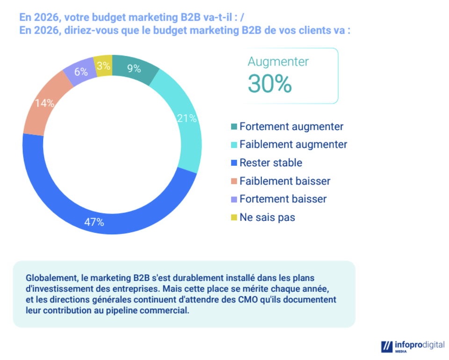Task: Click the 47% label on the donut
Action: pyautogui.click(x=94, y=222)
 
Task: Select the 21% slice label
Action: pyautogui.click(x=187, y=119)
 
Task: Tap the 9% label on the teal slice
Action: pyautogui.click(x=134, y=69)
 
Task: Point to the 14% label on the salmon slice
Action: pyautogui.click(x=45, y=103)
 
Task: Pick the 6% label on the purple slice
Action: pyautogui.click(x=81, y=72)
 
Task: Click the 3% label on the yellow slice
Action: pyautogui.click(x=103, y=66)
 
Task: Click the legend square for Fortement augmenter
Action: pyautogui.click(x=234, y=127)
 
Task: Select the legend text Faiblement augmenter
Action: pyautogui.click(x=293, y=145)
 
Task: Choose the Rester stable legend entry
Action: pyautogui.click(x=271, y=163)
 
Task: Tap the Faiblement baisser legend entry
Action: pyautogui.click(x=285, y=181)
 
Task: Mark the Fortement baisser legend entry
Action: pyautogui.click(x=283, y=199)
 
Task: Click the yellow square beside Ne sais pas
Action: pyautogui.click(x=234, y=218)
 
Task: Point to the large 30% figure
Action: pyautogui.click(x=270, y=84)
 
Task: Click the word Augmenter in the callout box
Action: pyautogui.click(x=278, y=62)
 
